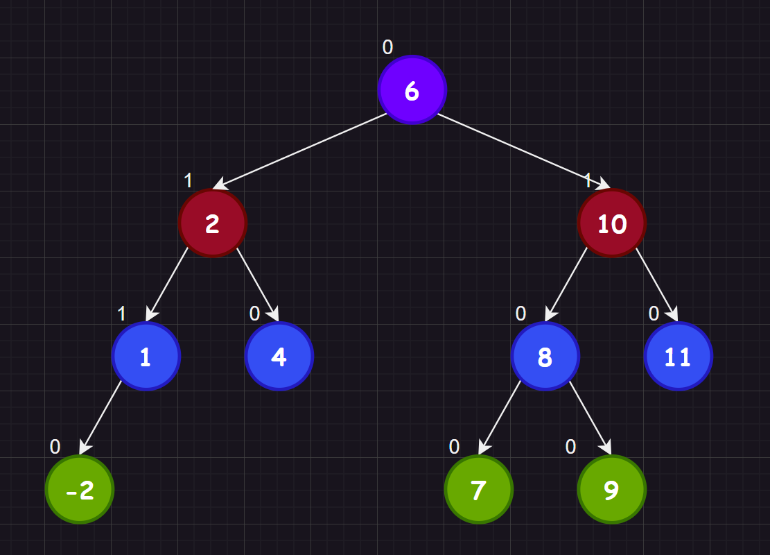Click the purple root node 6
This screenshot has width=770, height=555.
click(x=412, y=90)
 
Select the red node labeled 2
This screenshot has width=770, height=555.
click(x=213, y=223)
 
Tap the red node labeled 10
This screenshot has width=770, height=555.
click(x=612, y=223)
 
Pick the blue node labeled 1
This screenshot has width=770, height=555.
click(x=146, y=357)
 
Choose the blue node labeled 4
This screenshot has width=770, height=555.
click(x=279, y=357)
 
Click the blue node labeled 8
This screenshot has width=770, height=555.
click(x=545, y=357)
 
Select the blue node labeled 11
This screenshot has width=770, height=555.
click(x=678, y=357)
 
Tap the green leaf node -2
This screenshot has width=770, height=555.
click(x=80, y=490)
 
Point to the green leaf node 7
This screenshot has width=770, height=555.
click(x=479, y=490)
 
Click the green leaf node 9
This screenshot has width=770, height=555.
click(x=611, y=490)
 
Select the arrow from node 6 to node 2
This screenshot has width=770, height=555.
click(x=300, y=151)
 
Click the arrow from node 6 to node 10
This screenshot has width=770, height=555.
click(x=524, y=151)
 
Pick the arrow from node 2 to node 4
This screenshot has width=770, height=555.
click(x=258, y=284)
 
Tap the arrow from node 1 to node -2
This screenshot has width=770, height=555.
click(x=100, y=418)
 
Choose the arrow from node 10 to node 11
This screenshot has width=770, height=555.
click(x=656, y=284)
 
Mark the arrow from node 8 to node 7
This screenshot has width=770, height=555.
click(x=500, y=418)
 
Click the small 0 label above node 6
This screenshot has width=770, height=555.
click(x=387, y=47)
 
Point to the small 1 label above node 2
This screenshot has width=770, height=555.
click(x=188, y=180)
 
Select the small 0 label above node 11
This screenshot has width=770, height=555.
click(x=654, y=314)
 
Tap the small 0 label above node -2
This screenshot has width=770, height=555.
click(x=55, y=447)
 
